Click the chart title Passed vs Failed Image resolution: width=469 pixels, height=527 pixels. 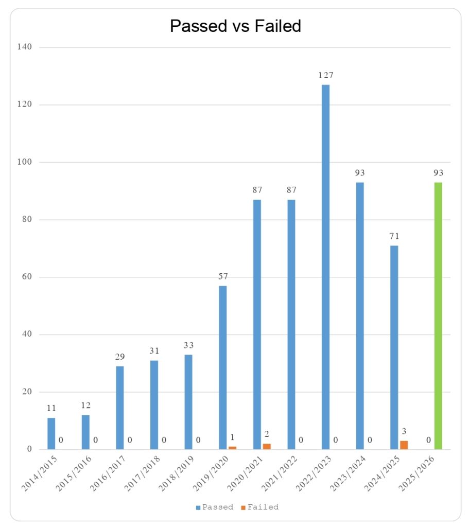[x=235, y=26]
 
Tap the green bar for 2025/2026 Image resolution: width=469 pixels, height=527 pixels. [x=438, y=315]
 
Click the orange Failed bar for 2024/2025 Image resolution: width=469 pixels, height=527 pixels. [x=404, y=445]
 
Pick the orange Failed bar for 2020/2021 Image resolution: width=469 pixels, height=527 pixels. [x=267, y=447]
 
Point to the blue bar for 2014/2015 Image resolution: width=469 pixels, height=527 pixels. [x=51, y=433]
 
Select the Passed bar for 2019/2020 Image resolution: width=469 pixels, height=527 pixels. [x=222, y=367]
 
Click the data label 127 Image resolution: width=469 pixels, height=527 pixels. [x=325, y=76]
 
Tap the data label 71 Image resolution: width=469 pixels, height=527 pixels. [x=394, y=236]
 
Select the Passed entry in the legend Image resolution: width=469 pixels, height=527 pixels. [x=214, y=507]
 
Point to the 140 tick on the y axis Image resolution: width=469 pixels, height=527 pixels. [x=25, y=47]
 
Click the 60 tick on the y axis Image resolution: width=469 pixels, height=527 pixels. [x=25, y=277]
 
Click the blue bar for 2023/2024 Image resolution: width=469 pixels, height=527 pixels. [x=359, y=315]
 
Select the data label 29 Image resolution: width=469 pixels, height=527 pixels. [x=119, y=357]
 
